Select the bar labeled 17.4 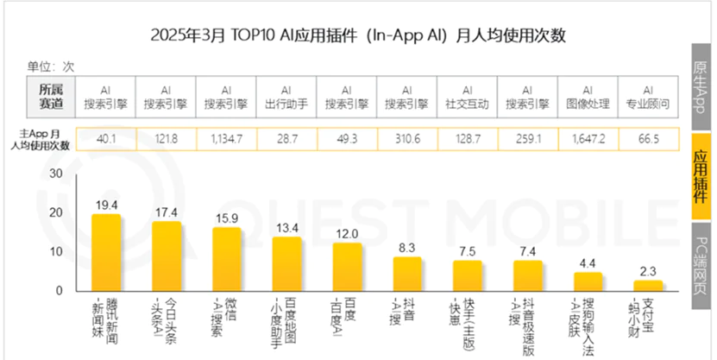166,256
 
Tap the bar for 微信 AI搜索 226,259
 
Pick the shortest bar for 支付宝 648,286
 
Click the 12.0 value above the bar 347,234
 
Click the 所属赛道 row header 51,96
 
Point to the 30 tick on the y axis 56,174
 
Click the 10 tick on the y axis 56,251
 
